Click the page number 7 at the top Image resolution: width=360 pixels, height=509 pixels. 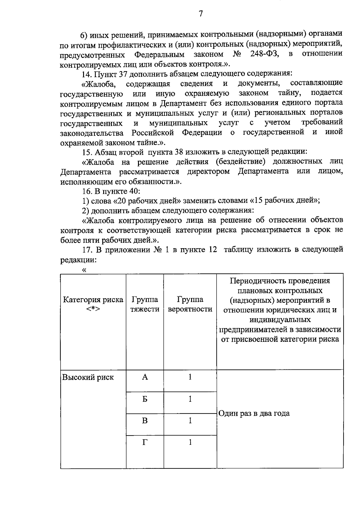(201, 14)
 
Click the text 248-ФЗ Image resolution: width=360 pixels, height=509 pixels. (264, 54)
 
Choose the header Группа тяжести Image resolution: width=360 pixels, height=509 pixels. (145, 304)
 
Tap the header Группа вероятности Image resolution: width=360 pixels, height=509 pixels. (190, 304)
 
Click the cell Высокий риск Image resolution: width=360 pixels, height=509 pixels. (88, 378)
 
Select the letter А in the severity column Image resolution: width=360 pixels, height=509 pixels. (145, 377)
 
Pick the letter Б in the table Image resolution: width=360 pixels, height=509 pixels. (145, 399)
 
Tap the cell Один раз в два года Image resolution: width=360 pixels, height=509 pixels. (254, 414)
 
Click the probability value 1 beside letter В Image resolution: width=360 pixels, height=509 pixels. (190, 421)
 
